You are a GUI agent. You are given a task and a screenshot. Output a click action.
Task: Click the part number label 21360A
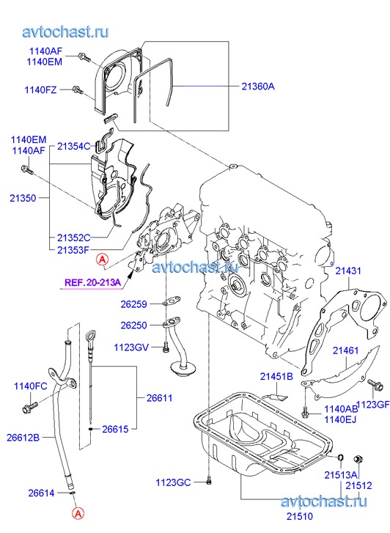pos(258,87)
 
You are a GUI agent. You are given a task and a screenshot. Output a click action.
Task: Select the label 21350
pos(23,198)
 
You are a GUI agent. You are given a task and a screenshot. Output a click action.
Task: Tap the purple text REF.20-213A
pos(93,282)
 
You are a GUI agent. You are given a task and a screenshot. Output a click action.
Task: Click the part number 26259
pos(134,304)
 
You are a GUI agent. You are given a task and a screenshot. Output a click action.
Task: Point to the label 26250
pos(134,326)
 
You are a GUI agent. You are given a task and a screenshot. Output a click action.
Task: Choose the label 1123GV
pos(131,347)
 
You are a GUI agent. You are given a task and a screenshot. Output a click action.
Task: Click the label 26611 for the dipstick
pos(160,397)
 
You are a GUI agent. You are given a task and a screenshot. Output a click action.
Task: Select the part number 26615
pos(115,429)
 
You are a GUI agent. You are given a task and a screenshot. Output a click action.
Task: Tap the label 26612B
pos(23,438)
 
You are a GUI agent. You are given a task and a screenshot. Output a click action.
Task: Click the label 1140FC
pos(31,386)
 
